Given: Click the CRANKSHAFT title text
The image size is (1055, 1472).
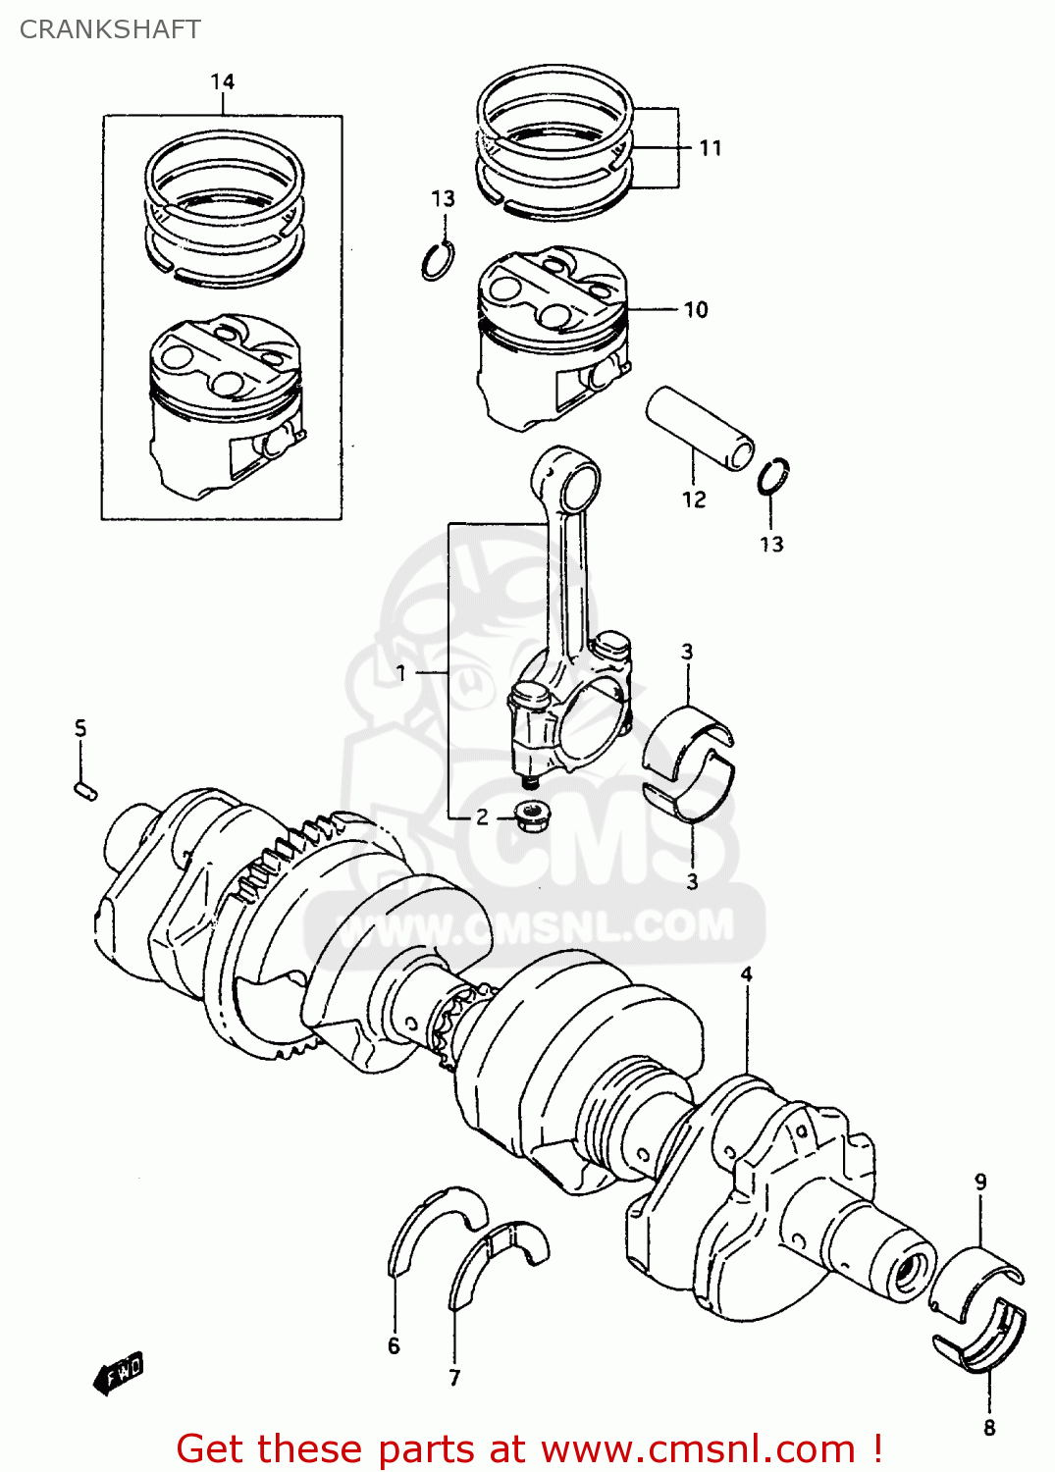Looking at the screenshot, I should [110, 29].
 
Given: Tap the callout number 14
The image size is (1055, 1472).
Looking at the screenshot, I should [223, 81].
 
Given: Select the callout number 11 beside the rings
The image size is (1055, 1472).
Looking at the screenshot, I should [711, 148].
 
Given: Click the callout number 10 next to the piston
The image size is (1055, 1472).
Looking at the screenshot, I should [696, 310].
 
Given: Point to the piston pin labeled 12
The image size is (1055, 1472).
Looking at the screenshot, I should [699, 429].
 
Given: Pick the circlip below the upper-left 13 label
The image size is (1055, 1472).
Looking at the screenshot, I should [438, 261].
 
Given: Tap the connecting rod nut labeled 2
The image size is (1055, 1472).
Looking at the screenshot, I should [531, 815].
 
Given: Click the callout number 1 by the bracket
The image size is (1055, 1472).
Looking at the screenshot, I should [400, 673].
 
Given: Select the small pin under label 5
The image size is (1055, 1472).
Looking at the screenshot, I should [85, 789].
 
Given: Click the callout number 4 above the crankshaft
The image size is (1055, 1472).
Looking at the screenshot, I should [747, 974].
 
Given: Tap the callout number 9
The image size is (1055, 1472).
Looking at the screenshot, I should [980, 1183].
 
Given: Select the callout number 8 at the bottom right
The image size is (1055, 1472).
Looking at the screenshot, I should [989, 1428].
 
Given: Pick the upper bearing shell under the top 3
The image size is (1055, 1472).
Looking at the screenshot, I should [688, 736].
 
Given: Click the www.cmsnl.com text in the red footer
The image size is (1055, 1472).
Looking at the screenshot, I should [698, 1449].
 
